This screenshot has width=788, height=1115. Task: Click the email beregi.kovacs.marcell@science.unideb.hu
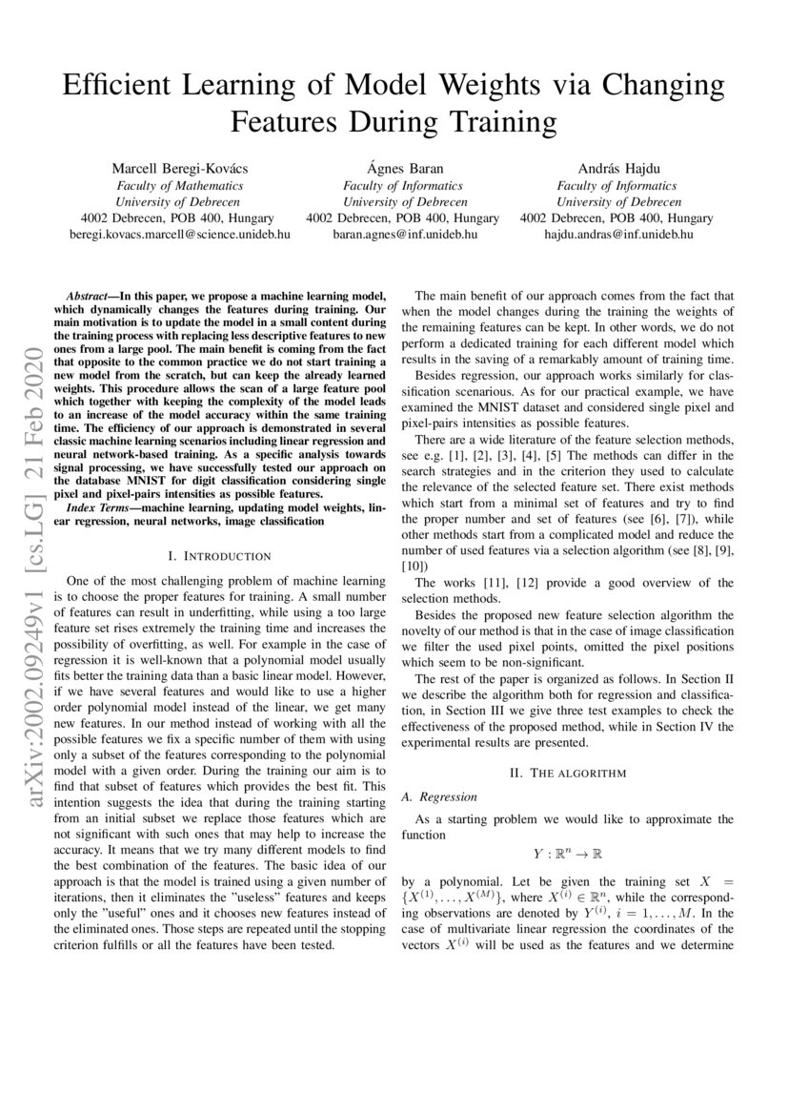point(179,234)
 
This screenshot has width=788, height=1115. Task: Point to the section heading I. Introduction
point(219,555)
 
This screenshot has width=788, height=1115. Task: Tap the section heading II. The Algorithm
point(568,773)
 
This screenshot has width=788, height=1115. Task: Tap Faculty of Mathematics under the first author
point(179,186)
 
